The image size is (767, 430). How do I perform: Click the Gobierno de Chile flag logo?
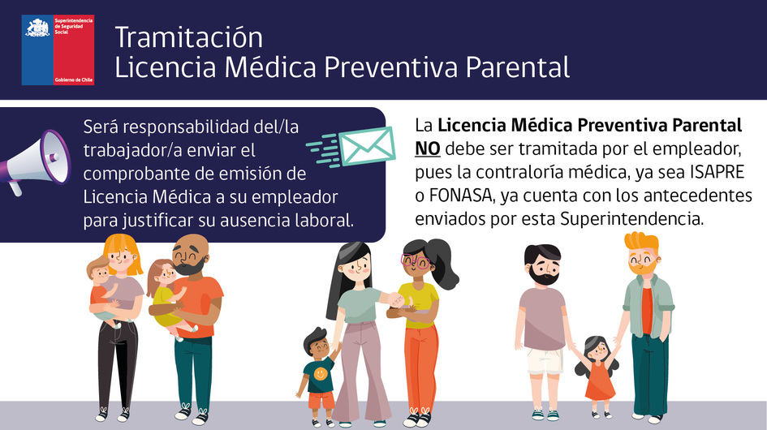pyautogui.click(x=58, y=50)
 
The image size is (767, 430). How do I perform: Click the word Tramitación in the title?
pyautogui.click(x=189, y=37)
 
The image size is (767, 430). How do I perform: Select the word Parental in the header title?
pyautogui.click(x=518, y=67)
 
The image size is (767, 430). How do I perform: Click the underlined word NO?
pyautogui.click(x=428, y=148)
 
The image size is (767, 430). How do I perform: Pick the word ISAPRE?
pyautogui.click(x=717, y=172)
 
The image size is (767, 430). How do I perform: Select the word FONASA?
pyautogui.click(x=460, y=196)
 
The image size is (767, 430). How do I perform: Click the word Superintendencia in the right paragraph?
pyautogui.click(x=632, y=219)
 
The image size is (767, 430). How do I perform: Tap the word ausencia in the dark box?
pyautogui.click(x=243, y=221)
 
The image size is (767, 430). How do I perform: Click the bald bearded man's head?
pyautogui.click(x=191, y=254)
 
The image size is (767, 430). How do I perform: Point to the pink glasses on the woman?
pyautogui.click(x=416, y=261)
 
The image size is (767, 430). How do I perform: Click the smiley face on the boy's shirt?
pyautogui.click(x=320, y=374)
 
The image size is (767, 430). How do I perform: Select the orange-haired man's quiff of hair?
pyautogui.click(x=641, y=241)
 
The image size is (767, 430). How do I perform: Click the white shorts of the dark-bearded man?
pyautogui.click(x=545, y=361)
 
